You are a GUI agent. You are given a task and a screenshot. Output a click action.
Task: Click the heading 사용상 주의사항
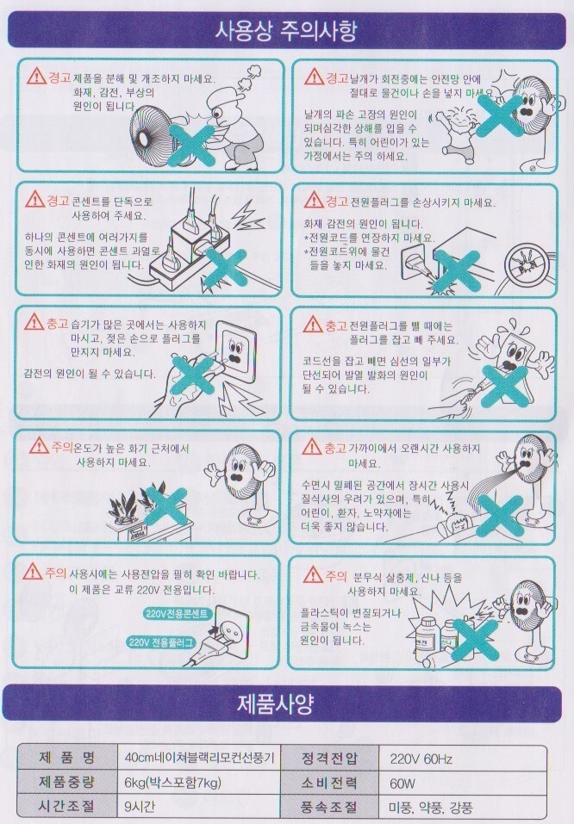286,30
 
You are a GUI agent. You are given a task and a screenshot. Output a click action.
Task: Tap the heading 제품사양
275,703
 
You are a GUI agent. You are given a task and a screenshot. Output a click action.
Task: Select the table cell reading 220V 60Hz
421,759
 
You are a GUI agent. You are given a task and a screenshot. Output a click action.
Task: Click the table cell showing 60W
402,784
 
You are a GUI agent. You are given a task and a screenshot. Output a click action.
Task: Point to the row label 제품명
67,758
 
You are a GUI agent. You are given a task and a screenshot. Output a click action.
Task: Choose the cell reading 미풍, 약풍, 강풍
430,807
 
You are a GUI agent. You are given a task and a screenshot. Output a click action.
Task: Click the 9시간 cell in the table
140,806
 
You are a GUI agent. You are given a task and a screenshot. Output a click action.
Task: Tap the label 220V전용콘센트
178,613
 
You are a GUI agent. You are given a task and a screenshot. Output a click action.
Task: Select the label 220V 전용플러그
162,642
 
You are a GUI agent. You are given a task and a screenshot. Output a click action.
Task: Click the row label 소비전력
329,783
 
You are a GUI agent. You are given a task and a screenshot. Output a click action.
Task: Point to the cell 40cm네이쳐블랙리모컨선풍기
199,758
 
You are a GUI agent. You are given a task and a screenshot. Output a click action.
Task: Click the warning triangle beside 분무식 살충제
313,574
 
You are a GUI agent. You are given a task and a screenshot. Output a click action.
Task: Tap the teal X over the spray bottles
475,639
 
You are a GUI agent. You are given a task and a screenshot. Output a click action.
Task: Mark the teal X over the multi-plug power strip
226,267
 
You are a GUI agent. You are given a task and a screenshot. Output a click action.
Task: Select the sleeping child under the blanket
454,522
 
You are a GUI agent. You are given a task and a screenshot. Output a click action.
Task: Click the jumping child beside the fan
459,130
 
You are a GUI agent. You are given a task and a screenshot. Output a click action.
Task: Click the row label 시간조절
67,807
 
